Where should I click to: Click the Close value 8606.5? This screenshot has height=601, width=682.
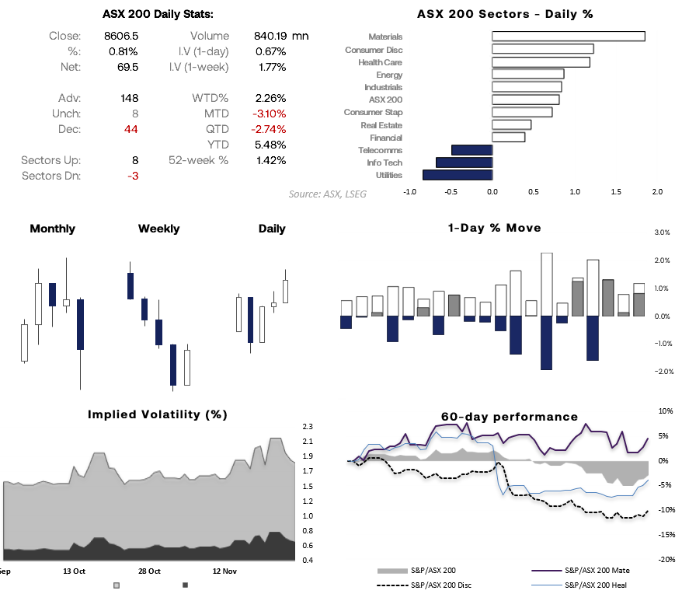pyautogui.click(x=120, y=36)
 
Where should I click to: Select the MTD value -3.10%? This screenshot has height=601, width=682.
pyautogui.click(x=269, y=114)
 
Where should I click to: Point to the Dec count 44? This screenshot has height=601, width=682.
pyautogui.click(x=130, y=129)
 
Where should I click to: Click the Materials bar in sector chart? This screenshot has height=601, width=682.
pyautogui.click(x=568, y=36)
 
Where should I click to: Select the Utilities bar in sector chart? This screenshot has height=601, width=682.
pyautogui.click(x=458, y=175)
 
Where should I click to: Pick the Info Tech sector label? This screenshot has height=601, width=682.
pyautogui.click(x=384, y=162)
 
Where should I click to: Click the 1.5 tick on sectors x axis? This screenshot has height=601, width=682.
pyautogui.click(x=615, y=191)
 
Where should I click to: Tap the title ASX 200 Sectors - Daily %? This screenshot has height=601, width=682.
pyautogui.click(x=505, y=13)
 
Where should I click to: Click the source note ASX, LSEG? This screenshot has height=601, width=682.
pyautogui.click(x=327, y=194)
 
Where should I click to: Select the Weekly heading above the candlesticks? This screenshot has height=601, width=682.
pyautogui.click(x=158, y=229)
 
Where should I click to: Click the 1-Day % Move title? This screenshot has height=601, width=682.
pyautogui.click(x=494, y=228)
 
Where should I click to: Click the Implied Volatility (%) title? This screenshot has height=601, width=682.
pyautogui.click(x=158, y=414)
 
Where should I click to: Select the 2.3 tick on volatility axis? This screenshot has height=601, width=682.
pyautogui.click(x=308, y=427)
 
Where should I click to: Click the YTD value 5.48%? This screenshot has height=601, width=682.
pyautogui.click(x=270, y=145)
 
